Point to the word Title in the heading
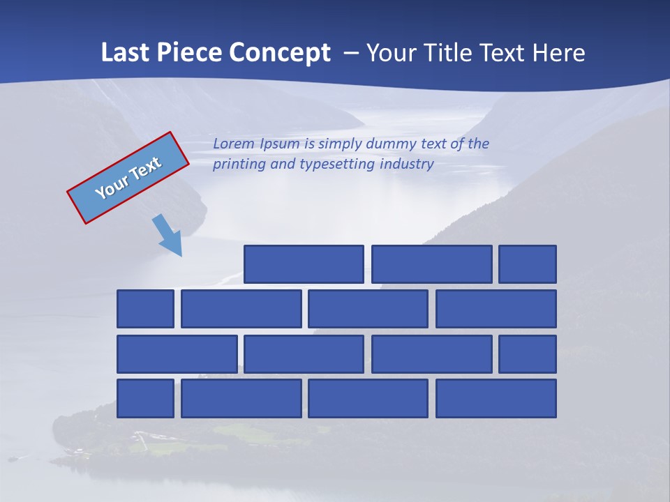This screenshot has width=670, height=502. [457, 53]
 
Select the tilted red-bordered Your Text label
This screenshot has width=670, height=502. [128, 178]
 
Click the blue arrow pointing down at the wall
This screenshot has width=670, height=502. [168, 235]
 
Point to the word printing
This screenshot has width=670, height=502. [239, 165]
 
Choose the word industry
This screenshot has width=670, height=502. [407, 165]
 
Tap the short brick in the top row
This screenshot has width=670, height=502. [528, 264]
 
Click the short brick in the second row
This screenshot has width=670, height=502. [145, 309]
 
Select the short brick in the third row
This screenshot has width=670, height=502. [528, 354]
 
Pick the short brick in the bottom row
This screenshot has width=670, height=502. [145, 399]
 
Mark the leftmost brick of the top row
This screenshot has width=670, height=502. [304, 264]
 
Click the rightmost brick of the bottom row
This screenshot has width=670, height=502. [496, 399]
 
